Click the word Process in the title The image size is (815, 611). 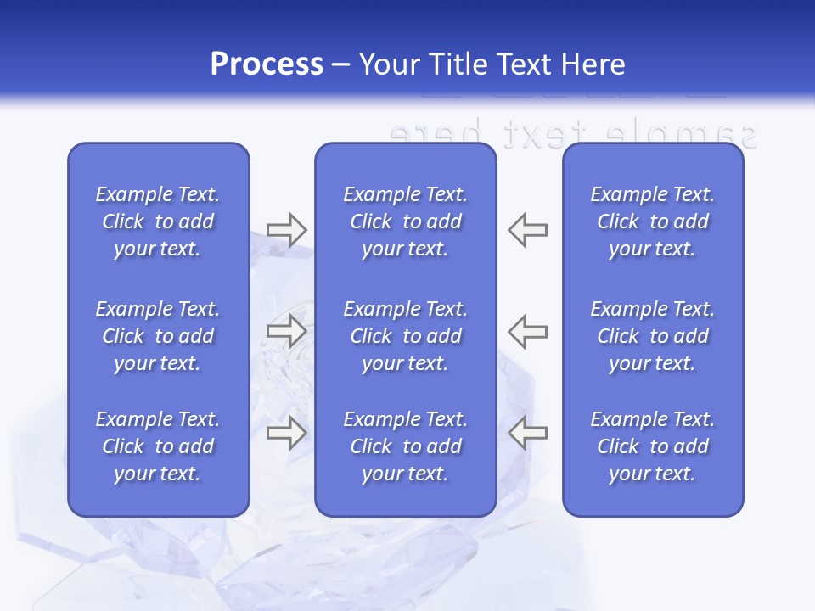267,64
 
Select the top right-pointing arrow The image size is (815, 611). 286,230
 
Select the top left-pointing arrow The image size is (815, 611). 528,230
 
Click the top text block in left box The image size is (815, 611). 158,221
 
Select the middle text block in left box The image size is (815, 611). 158,336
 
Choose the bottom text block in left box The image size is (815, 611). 158,446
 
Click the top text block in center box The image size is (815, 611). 405,221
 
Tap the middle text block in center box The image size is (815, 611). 405,336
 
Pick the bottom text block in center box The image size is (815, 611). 405,446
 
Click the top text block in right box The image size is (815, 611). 653,221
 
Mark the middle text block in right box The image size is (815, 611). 653,336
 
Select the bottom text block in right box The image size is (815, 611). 653,446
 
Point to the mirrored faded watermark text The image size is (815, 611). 572,134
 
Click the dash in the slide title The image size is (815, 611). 340,65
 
